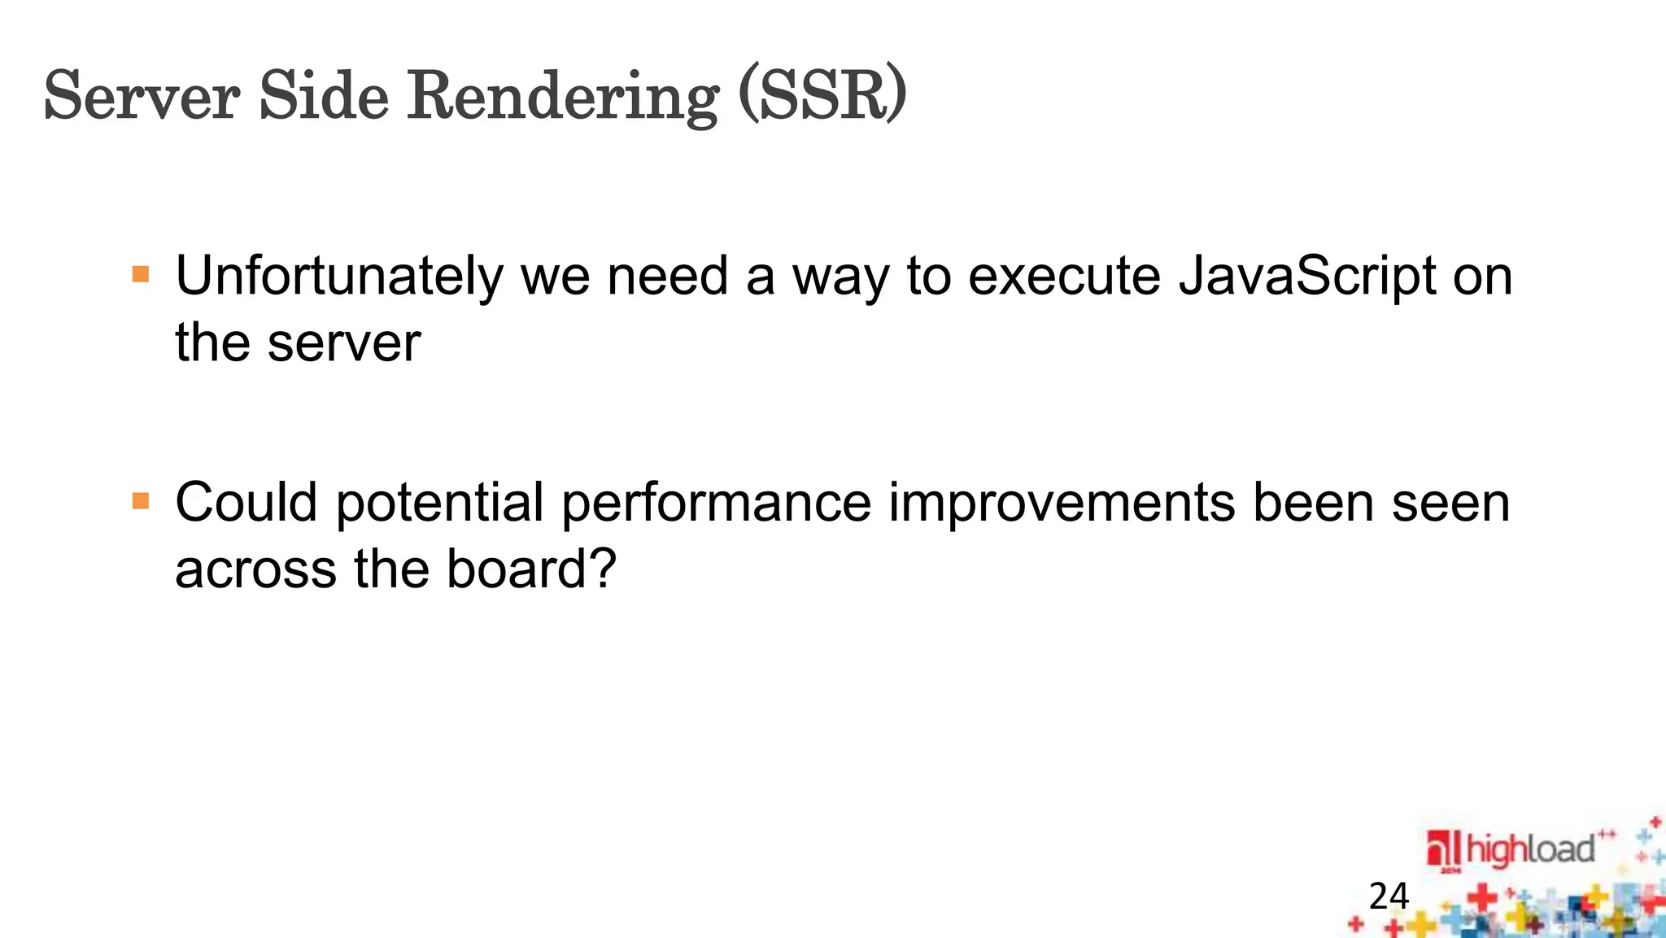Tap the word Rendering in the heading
[x=563, y=98]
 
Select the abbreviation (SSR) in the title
[x=822, y=96]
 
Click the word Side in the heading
[x=324, y=96]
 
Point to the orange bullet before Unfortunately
[x=141, y=273]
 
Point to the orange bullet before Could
[x=141, y=500]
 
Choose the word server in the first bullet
[x=344, y=342]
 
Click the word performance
[x=717, y=503]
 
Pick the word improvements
[x=1062, y=503]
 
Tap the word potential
[x=439, y=503]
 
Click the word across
[x=255, y=568]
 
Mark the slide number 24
[x=1389, y=897]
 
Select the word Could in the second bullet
[x=246, y=503]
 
